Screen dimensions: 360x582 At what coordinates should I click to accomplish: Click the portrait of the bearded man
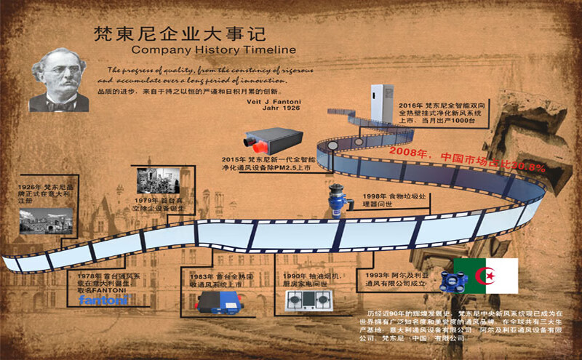point(60,81)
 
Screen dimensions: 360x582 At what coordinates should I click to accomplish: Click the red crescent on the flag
point(485,276)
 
